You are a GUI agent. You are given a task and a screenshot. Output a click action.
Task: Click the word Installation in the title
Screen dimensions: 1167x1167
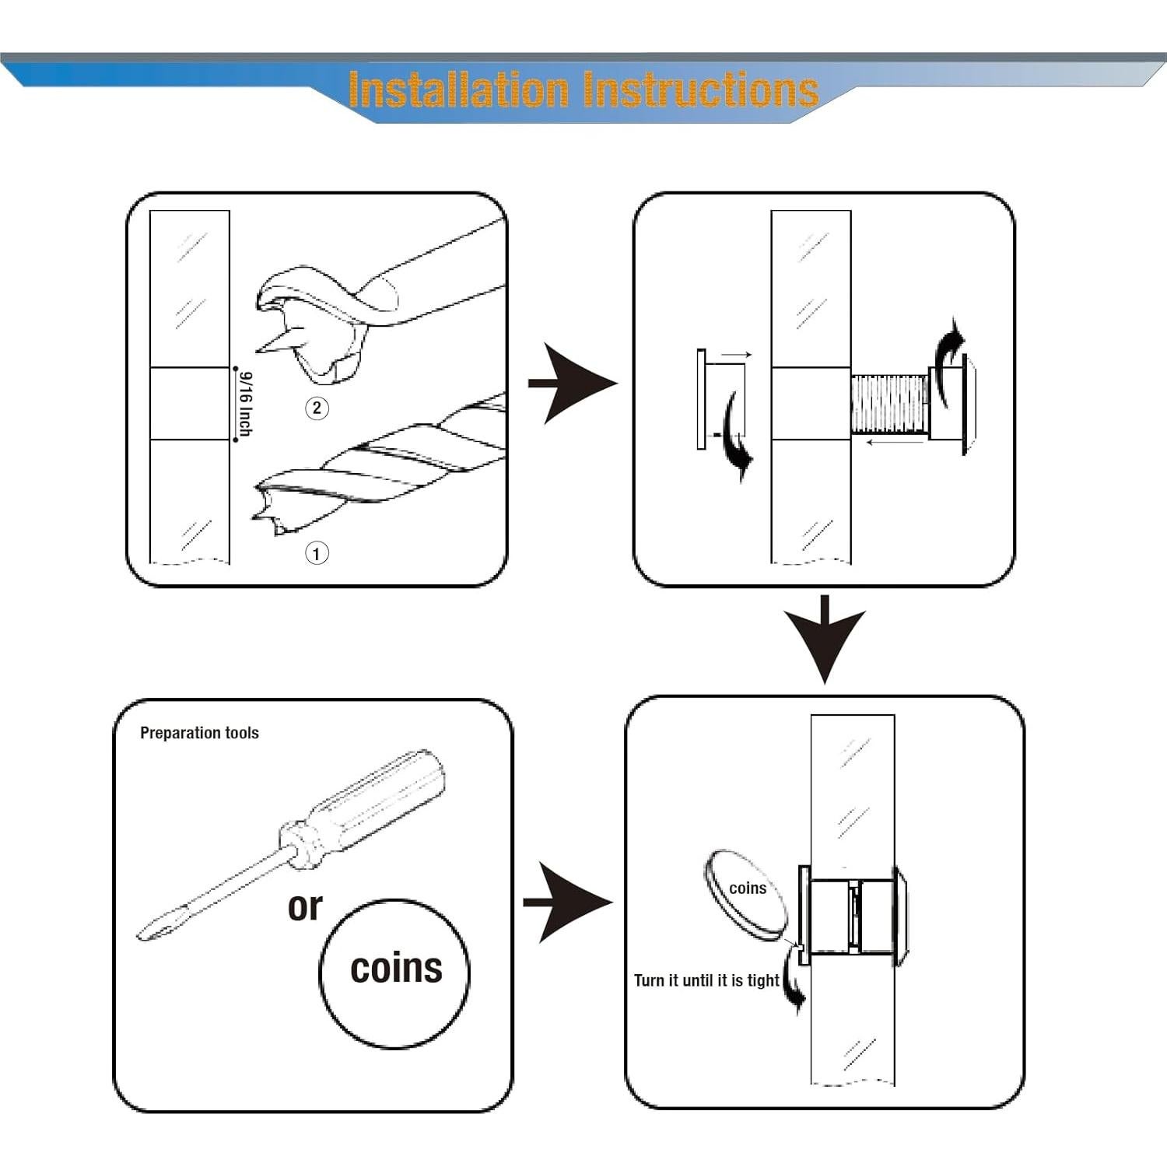(x=458, y=89)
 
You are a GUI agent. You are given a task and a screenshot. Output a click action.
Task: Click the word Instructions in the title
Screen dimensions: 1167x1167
(x=701, y=89)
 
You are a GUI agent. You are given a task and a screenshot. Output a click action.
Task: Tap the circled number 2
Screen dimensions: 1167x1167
(x=317, y=408)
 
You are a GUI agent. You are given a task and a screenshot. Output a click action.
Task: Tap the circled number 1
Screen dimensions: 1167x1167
(x=316, y=553)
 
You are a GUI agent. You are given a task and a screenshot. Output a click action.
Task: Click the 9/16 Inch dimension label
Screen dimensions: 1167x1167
(x=245, y=404)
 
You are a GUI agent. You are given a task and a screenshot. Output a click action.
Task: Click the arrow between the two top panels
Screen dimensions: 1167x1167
(x=572, y=383)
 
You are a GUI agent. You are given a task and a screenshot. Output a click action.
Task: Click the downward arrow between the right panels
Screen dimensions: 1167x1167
(x=825, y=638)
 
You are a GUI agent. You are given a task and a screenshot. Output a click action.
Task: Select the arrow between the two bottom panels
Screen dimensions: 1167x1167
(x=567, y=902)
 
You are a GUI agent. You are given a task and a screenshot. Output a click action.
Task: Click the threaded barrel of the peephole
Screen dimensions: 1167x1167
(x=890, y=405)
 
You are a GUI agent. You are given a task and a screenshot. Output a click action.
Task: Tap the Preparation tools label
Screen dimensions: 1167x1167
(x=199, y=733)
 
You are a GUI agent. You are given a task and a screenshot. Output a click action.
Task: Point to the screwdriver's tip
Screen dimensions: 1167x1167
(x=141, y=934)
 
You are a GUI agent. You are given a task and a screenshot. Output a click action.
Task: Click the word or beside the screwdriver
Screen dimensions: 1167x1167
(x=305, y=906)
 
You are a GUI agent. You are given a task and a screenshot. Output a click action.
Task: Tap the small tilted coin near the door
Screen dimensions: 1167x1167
(x=745, y=896)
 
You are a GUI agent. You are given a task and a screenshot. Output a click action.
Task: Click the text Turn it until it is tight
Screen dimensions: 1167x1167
(x=706, y=980)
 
